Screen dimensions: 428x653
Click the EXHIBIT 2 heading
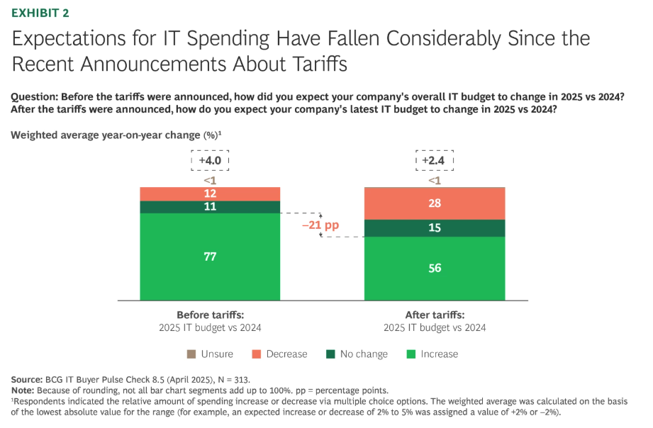pos(40,13)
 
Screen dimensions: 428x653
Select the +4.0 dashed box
pos(210,161)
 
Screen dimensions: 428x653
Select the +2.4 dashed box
pos(434,161)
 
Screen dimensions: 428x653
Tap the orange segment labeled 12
pos(210,193)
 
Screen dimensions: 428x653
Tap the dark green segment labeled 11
pos(210,207)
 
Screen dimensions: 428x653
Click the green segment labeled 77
pos(210,256)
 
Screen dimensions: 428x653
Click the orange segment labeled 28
pos(434,204)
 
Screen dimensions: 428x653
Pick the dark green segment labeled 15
pos(434,227)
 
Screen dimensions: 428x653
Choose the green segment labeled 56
pos(434,267)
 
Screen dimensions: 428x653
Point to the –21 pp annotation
pos(321,226)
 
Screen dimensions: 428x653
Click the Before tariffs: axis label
pos(210,315)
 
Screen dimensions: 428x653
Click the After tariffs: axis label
pos(434,315)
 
